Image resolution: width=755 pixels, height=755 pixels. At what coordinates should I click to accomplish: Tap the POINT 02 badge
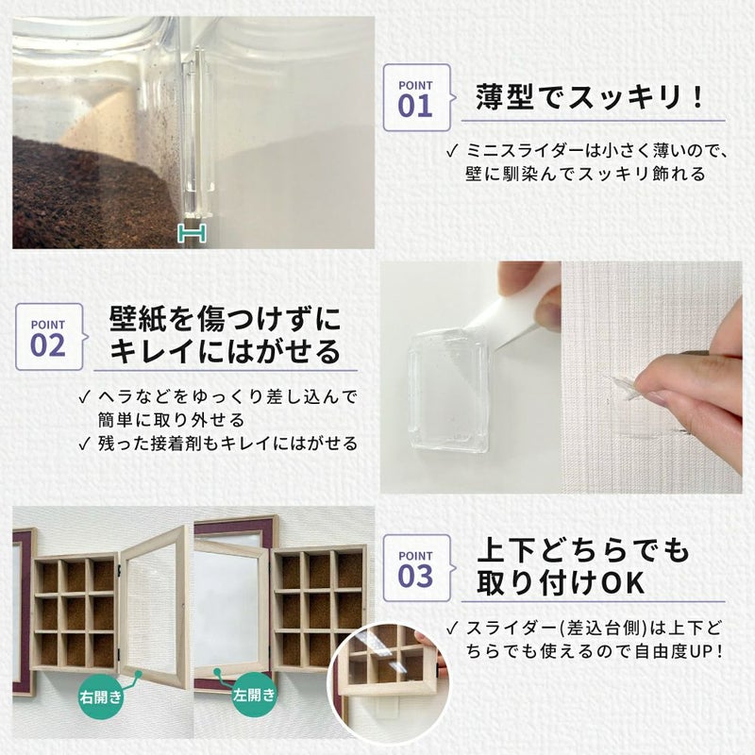point(48,335)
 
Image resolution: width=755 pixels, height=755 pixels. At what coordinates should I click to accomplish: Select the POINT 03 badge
point(415,565)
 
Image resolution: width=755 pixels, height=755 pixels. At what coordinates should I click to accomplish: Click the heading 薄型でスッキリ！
point(591,96)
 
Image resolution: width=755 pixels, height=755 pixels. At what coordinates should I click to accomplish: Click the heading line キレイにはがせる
point(225,351)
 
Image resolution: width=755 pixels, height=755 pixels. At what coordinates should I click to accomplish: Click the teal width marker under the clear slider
point(193,233)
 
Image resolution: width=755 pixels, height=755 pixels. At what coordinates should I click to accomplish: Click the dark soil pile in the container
point(85,189)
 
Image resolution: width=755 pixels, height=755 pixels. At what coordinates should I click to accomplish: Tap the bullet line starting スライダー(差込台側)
point(585,628)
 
